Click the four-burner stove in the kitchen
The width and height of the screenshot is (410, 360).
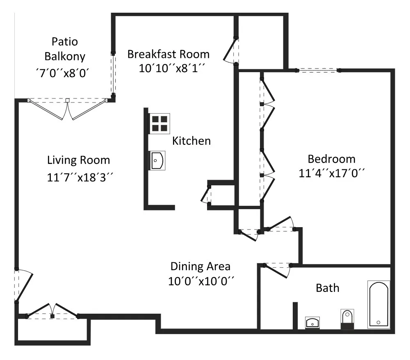(x=159, y=124)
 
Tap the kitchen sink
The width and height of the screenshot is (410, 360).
(x=157, y=160)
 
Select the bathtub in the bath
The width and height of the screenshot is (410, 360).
(x=378, y=305)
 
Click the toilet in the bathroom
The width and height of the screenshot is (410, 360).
(x=347, y=319)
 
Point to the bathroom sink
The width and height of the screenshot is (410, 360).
(x=312, y=323)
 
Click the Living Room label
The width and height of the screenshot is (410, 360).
(x=78, y=160)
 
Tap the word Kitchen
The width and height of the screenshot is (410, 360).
(x=191, y=141)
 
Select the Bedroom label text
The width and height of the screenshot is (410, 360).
(x=332, y=159)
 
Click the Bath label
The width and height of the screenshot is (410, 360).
(x=328, y=288)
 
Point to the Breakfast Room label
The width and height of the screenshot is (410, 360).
(x=169, y=55)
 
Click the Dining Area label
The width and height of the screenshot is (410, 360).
(x=200, y=267)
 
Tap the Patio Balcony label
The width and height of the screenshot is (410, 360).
(x=65, y=49)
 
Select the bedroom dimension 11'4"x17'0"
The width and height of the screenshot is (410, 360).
(x=332, y=173)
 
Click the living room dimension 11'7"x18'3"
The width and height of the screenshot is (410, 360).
(x=80, y=178)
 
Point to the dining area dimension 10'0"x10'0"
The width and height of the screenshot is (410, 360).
(x=201, y=282)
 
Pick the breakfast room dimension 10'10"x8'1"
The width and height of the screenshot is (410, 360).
(x=171, y=68)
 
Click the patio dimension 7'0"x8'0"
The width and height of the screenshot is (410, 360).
(x=63, y=73)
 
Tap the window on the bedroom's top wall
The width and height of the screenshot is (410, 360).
(x=318, y=71)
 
